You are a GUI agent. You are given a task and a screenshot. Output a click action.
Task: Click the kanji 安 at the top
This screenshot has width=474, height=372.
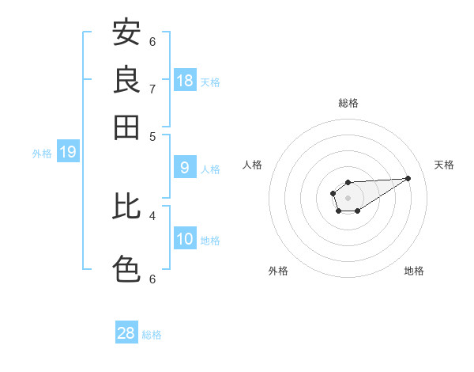pyautogui.click(x=126, y=33)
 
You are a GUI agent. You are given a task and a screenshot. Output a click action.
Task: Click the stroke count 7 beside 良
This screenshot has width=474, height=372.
pyautogui.click(x=152, y=89)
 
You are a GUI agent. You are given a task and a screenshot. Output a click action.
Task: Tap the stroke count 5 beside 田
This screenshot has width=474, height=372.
pyautogui.click(x=152, y=135)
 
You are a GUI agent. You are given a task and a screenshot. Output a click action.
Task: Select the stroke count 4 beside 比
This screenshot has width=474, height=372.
pyautogui.click(x=152, y=214)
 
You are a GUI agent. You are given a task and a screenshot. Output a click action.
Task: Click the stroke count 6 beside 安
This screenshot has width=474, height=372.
pyautogui.click(x=152, y=41)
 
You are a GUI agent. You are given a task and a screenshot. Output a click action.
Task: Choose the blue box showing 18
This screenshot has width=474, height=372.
pyautogui.click(x=185, y=80)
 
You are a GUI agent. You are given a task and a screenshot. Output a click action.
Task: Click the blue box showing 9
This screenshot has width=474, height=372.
pyautogui.click(x=185, y=167)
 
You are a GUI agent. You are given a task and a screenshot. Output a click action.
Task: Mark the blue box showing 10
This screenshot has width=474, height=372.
pyautogui.click(x=185, y=239)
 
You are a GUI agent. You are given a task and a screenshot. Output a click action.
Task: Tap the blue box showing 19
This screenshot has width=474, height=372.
pyautogui.click(x=68, y=152)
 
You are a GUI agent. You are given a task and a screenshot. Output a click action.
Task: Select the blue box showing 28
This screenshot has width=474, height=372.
pyautogui.click(x=126, y=333)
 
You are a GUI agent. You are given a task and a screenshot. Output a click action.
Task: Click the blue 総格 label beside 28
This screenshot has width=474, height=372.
pyautogui.click(x=152, y=335)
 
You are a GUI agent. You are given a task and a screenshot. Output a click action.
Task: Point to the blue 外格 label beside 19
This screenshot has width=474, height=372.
pyautogui.click(x=42, y=154)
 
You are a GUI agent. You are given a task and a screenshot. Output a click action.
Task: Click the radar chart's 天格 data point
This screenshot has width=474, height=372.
pyautogui.click(x=408, y=178)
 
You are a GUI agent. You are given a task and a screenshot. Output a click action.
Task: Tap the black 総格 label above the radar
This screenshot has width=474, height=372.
pyautogui.click(x=348, y=103)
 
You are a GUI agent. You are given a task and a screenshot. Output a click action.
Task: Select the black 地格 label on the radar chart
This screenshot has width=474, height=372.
pyautogui.click(x=414, y=271)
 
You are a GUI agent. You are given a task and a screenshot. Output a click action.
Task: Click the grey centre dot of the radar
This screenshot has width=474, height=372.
pyautogui.click(x=348, y=197)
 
